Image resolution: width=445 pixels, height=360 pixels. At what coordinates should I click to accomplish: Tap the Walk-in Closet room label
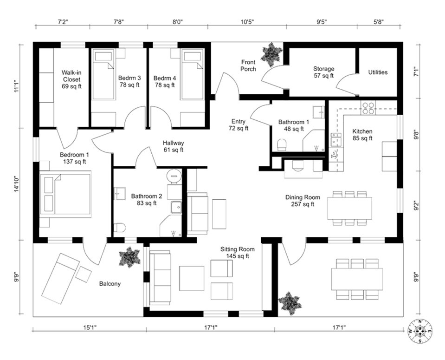click(71, 79)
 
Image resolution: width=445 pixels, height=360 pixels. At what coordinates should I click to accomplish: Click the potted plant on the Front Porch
click(269, 54)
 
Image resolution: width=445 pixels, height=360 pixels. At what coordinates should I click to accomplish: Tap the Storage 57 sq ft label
click(323, 72)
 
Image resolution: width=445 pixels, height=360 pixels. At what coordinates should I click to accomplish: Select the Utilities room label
click(378, 72)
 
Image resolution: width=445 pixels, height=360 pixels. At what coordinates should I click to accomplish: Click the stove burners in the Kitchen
click(368, 108)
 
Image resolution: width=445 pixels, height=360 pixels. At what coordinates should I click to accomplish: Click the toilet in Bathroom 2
click(120, 228)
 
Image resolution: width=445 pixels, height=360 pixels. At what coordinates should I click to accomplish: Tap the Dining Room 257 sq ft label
click(302, 201)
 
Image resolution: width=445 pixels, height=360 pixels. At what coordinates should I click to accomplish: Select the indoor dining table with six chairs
click(349, 208)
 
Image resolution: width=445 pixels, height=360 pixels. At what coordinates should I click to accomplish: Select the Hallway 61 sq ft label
click(173, 146)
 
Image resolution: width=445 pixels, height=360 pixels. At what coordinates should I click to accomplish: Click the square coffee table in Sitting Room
click(192, 278)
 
